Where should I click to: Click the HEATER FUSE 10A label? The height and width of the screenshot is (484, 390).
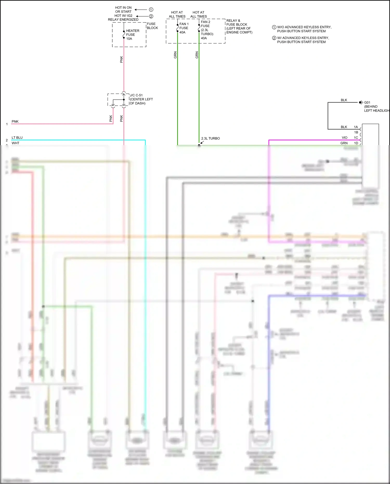tap(132, 35)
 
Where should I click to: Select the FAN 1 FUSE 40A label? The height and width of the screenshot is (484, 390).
tap(184, 28)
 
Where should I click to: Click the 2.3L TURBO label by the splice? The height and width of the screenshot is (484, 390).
tap(210, 138)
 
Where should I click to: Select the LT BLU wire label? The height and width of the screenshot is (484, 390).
tap(17, 138)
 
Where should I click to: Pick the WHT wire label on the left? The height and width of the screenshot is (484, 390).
tap(15, 143)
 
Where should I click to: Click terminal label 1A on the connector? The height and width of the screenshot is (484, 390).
tap(356, 127)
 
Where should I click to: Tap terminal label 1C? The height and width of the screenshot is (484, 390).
tap(356, 138)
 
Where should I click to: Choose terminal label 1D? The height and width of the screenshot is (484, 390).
tap(356, 143)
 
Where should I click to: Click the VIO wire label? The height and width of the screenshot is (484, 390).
tap(344, 138)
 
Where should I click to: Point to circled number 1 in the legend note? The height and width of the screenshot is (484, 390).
tap(274, 27)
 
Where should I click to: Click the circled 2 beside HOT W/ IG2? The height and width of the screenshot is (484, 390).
tap(151, 16)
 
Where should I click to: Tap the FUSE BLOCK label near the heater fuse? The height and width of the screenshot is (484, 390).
tap(152, 26)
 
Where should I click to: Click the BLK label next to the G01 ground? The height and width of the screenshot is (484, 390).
tap(344, 100)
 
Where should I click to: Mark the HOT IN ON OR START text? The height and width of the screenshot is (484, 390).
tap(123, 10)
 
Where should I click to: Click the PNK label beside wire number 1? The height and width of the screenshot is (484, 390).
tap(15, 121)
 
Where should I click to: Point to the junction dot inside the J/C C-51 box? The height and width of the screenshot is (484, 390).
tap(124, 100)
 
